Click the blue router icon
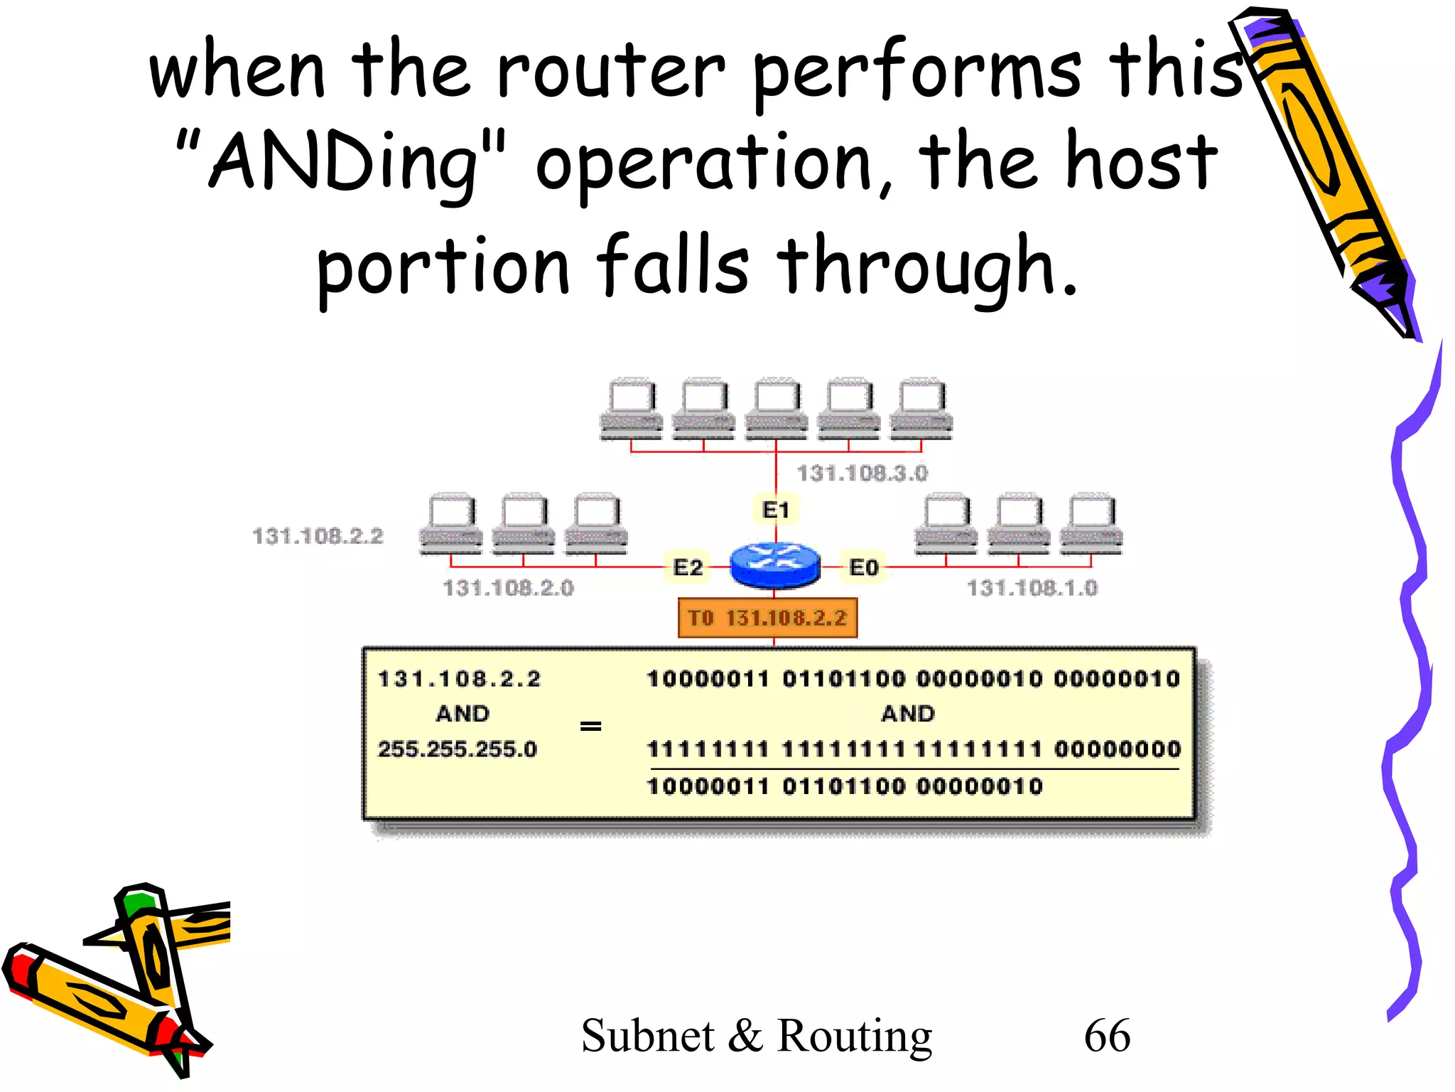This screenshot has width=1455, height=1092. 775,565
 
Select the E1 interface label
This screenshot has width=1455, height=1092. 775,510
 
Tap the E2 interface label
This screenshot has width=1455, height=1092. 687,567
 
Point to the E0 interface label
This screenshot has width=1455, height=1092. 864,567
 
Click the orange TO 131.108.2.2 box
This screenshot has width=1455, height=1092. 767,618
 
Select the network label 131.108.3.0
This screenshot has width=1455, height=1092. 862,473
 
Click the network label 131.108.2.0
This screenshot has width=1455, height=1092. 508,588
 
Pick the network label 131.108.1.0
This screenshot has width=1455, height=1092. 1032,588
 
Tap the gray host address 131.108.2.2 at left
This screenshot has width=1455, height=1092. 318,535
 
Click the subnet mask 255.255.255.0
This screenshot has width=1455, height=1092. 457,749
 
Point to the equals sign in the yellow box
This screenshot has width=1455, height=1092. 590,726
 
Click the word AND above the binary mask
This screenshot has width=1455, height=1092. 907,713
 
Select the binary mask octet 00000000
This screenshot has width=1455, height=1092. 1117,749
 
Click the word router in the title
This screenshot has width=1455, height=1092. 611,71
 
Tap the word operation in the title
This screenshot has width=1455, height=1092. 703,165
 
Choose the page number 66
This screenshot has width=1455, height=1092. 1106,1035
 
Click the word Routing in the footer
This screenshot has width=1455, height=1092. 854,1036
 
